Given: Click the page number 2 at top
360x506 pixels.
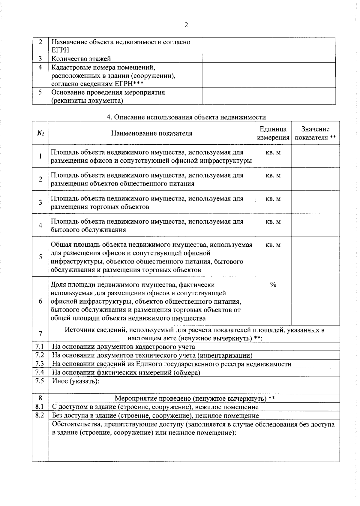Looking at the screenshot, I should pos(186,25).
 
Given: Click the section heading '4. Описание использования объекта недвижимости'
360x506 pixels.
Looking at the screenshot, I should pos(186,117).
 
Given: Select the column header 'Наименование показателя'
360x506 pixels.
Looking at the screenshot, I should pos(151,133).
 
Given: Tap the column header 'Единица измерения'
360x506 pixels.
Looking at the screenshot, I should pos(273,133).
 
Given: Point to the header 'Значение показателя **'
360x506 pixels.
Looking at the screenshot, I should pos(315,133).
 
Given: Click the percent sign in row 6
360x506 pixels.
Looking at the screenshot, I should pos(273,285).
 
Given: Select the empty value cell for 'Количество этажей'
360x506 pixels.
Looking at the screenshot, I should pos(268,59).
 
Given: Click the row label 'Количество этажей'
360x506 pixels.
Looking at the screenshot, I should pos(81,59).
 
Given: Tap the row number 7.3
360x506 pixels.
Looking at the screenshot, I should pos(40,364).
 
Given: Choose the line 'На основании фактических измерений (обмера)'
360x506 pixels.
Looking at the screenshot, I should pos(126,373).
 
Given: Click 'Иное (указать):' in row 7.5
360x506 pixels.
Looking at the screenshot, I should pos(76,381).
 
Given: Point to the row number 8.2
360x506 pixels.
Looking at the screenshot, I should pos(40,416).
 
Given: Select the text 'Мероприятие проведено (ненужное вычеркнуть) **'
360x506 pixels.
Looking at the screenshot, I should pos(195,399).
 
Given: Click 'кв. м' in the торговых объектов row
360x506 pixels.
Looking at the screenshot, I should pos(273,199).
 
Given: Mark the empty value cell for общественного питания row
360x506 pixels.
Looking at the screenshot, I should pos(315,179).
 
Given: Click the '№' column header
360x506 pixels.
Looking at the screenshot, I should pos(40,133).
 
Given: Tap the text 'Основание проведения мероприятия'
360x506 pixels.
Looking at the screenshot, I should pos(108,92).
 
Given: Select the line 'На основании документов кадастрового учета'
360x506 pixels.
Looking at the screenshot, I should pos(124,347).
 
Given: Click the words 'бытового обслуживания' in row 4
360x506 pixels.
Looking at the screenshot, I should pos(88,230).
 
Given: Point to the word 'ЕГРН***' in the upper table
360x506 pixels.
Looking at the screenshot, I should pos(129,84).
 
